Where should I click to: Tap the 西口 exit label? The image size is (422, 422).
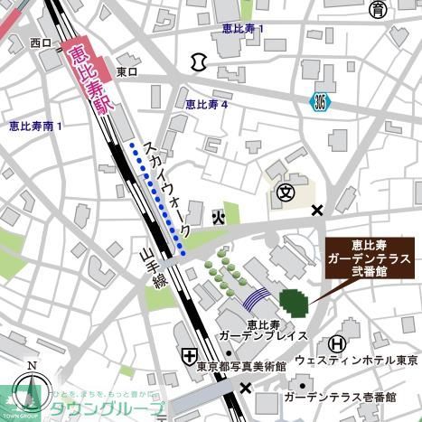click(40, 42)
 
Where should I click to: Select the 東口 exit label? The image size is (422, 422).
click(127, 71)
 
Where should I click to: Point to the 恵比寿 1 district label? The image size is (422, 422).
click(243, 30)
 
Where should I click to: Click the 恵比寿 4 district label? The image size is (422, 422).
click(207, 105)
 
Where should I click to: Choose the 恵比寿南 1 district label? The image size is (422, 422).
click(35, 126)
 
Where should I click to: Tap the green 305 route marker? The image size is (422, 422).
click(322, 100)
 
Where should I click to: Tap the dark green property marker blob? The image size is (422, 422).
click(294, 302)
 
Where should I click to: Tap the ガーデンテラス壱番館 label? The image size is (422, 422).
click(339, 397)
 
